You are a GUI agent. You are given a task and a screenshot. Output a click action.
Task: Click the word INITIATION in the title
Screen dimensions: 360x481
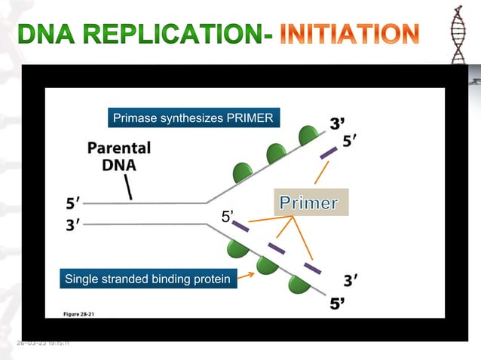(349, 34)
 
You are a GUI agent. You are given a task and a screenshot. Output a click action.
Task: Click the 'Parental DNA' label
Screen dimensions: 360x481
(119, 157)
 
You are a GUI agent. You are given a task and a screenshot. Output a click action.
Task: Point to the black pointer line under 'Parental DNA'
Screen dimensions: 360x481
(129, 188)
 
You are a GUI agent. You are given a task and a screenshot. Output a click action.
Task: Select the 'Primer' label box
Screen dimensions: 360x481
(309, 203)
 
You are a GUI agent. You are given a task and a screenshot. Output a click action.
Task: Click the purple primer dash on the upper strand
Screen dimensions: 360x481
(328, 153)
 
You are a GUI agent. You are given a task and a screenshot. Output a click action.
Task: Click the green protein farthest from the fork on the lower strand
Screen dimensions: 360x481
(299, 285)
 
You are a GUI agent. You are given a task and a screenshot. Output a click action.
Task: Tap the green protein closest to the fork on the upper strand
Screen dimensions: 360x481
(242, 172)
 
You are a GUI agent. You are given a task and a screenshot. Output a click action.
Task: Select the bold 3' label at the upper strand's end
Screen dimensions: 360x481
(339, 123)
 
